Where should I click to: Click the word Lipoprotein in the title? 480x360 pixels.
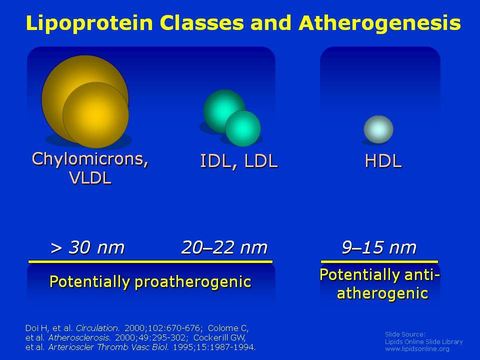(89, 23)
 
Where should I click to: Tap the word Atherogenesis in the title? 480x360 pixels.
(379, 23)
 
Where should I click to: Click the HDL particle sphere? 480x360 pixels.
(378, 129)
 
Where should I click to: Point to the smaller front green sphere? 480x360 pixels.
(243, 128)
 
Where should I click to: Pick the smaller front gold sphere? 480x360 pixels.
(96, 115)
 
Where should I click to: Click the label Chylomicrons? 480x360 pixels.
(90, 159)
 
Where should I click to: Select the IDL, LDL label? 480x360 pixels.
(239, 161)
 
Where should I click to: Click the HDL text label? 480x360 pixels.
(383, 161)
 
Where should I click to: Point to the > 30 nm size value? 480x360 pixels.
(87, 247)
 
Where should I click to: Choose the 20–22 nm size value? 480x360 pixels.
(224, 247)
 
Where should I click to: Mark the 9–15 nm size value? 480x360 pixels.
(379, 247)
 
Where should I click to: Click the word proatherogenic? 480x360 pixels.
(193, 281)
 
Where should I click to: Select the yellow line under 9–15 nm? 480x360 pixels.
(379, 261)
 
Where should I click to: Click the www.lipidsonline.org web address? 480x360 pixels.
(417, 349)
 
